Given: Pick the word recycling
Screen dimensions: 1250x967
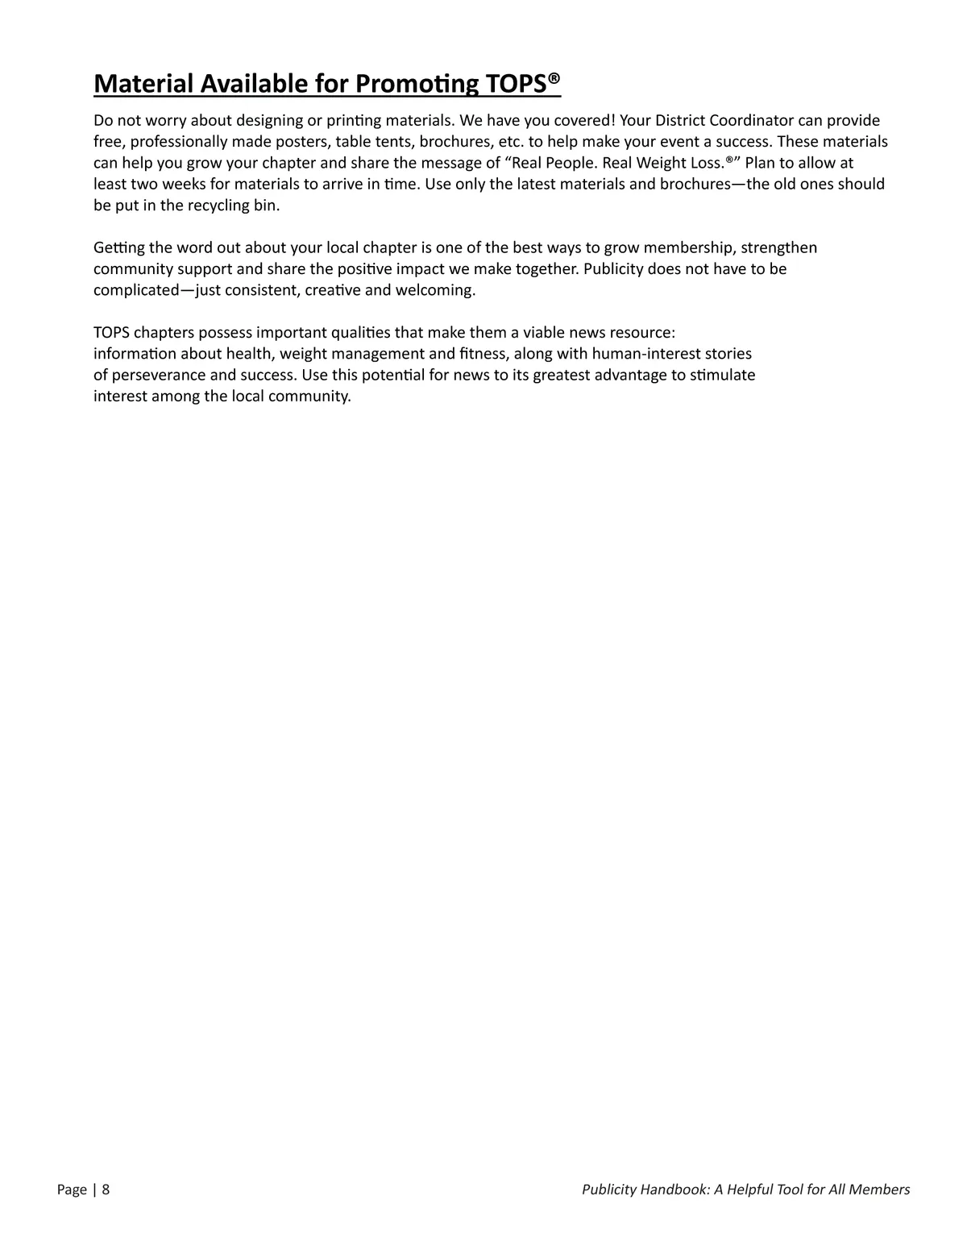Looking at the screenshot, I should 219,205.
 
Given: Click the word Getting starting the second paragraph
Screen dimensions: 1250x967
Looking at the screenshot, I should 119,247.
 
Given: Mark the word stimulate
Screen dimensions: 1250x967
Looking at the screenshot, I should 723,375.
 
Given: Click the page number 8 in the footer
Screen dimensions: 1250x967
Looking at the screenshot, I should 106,1190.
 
